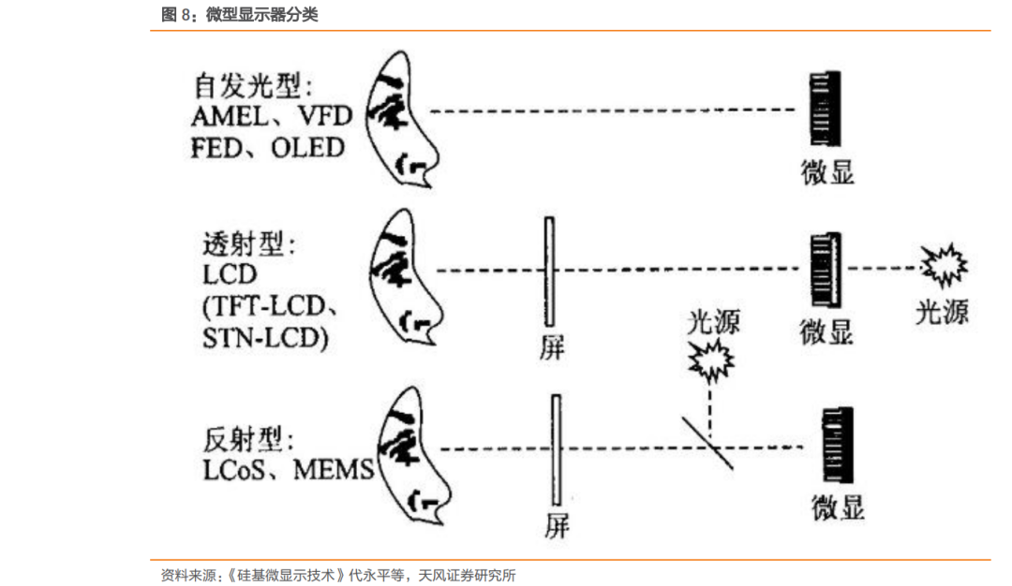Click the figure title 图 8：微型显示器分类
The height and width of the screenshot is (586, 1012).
click(240, 15)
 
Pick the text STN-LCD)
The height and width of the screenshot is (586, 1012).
click(265, 337)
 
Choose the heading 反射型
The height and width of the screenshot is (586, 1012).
click(248, 439)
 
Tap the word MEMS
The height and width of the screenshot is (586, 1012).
click(334, 469)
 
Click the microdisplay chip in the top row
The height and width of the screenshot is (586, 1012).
click(824, 111)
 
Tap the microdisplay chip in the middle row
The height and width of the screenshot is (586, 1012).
click(825, 271)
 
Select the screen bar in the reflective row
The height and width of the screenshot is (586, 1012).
click(556, 452)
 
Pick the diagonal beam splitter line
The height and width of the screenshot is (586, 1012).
click(707, 443)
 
